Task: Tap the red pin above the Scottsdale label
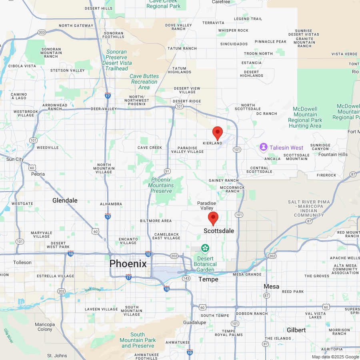coord(213,218)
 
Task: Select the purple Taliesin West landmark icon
coord(264,148)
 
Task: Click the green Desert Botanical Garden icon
coord(205,249)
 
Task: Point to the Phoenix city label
coord(128,264)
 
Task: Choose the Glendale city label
coord(65,200)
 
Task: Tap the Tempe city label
coord(208,279)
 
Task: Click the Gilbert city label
coord(296,330)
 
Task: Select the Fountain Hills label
coord(333,154)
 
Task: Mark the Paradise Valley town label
coord(207,206)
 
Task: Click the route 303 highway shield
coord(42,32)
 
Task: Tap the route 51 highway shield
coord(167,171)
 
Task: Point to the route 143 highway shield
coord(186,278)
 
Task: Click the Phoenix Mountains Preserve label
coord(161,185)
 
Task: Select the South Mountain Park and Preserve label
coord(138,340)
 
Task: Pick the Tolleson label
coord(22,262)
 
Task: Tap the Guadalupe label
coord(194,322)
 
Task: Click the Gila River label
coord(9,336)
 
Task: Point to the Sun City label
coord(15,159)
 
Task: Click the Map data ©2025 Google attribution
coord(335,357)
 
